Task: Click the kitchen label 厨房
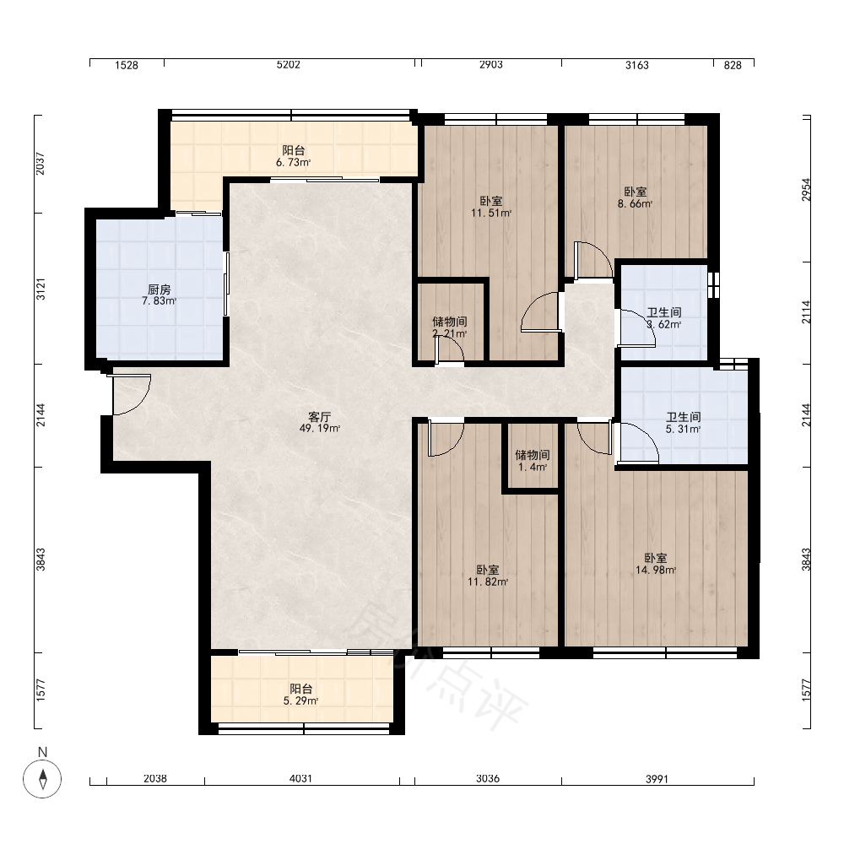(x=160, y=289)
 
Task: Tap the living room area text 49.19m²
(x=320, y=429)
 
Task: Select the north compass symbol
(x=42, y=778)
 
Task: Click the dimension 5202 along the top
(x=288, y=65)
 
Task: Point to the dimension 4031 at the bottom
(x=300, y=778)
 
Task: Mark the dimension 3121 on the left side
(x=41, y=289)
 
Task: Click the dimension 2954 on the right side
(x=806, y=189)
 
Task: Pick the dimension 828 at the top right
(x=733, y=65)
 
